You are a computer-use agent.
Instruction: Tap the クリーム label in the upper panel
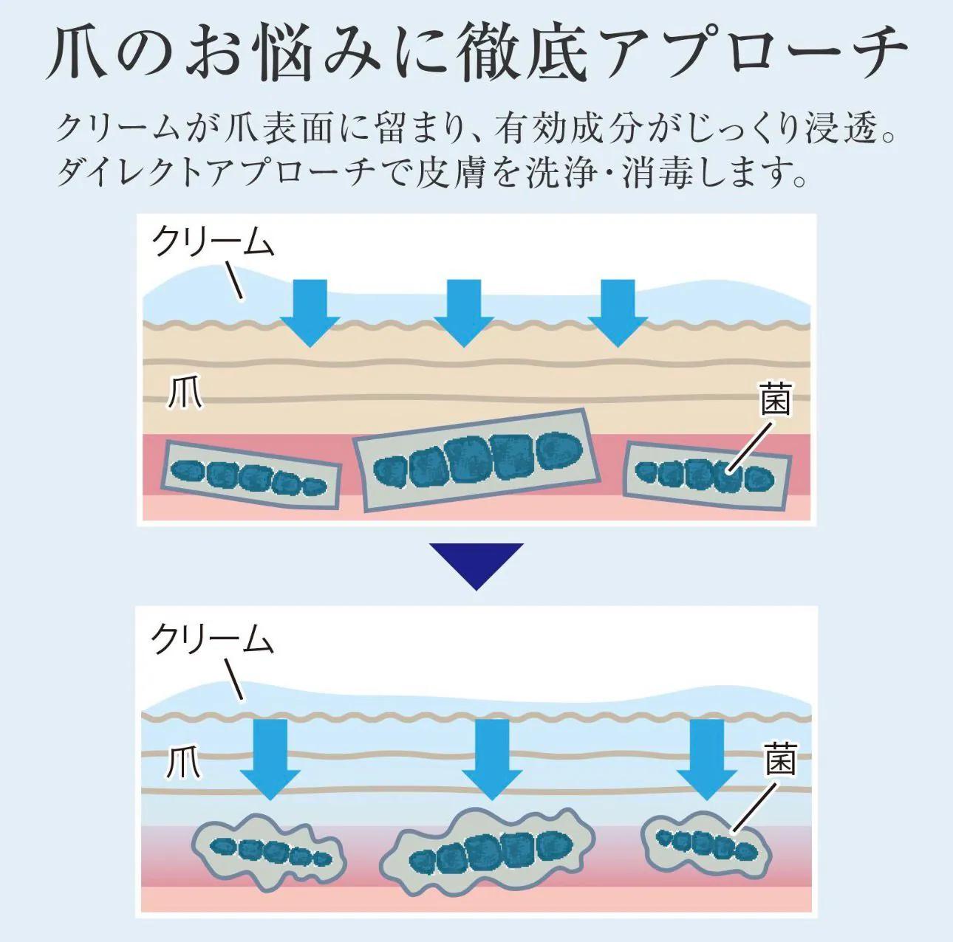[x=213, y=242]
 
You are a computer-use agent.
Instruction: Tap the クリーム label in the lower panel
[x=213, y=639]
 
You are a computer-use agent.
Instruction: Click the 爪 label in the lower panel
[x=182, y=762]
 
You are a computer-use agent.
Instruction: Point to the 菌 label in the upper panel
[x=776, y=401]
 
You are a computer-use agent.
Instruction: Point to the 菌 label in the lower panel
[x=780, y=760]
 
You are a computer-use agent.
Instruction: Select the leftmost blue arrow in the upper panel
[x=310, y=312]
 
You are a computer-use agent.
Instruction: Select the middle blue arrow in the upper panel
[x=464, y=312]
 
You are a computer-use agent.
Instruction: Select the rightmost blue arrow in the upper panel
[x=618, y=312]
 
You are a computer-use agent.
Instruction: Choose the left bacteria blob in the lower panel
[x=270, y=851]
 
